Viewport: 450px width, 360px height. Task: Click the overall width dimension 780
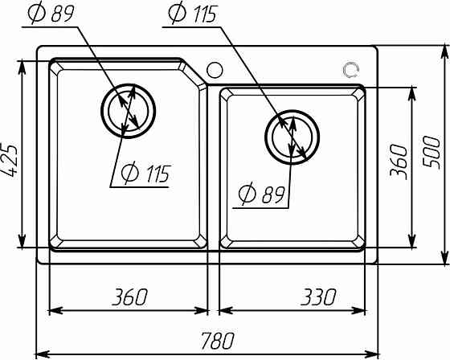[x=217, y=341]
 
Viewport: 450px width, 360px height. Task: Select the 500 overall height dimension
[x=432, y=153]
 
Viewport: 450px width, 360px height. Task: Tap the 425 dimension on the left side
[x=9, y=160]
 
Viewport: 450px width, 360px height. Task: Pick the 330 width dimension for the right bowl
[x=318, y=297]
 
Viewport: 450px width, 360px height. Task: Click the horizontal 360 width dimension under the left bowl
[x=129, y=297]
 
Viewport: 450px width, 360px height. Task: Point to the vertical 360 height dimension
[x=399, y=162]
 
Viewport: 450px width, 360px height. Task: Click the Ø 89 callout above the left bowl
[x=51, y=13]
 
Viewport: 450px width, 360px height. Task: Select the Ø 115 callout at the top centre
[x=193, y=13]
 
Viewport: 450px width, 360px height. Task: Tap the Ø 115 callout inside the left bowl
[x=146, y=174]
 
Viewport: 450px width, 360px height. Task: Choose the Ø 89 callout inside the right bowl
[x=261, y=194]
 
